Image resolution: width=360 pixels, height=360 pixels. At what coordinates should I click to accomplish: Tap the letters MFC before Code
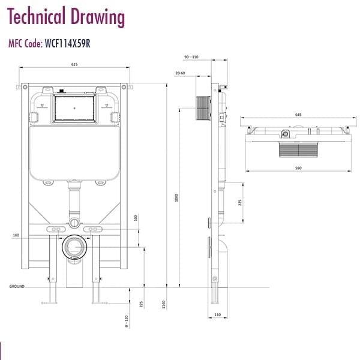tap(17, 43)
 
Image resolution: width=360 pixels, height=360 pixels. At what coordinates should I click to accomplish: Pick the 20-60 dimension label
tap(180, 73)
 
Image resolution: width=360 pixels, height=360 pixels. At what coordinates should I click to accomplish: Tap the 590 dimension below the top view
tap(298, 167)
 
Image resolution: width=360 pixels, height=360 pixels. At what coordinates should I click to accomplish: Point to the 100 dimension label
tap(136, 217)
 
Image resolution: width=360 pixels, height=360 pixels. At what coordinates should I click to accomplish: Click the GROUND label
tap(16, 287)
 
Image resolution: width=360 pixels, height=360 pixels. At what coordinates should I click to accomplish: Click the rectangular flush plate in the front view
tap(74, 109)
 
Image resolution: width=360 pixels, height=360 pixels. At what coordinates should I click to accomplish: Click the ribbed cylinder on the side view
tap(203, 107)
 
